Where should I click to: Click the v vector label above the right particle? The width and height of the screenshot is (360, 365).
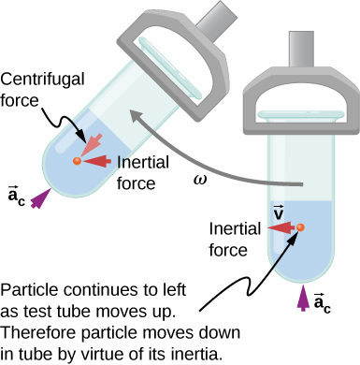pos(279,212)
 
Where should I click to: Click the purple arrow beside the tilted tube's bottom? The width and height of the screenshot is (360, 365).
pos(40,197)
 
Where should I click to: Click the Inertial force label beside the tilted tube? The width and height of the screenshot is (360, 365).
pos(143,169)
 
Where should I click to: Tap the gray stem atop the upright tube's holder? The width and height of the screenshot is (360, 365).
pos(297,42)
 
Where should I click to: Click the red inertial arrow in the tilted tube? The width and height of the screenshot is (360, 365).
pos(96,161)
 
